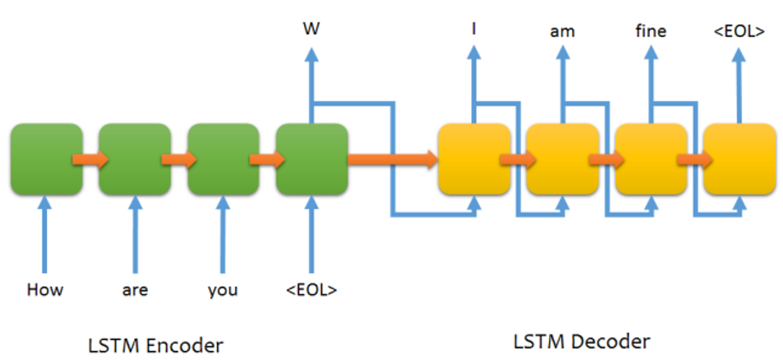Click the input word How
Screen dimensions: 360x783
tap(46, 291)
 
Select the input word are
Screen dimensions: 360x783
tap(134, 291)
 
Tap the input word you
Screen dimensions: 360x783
tap(223, 291)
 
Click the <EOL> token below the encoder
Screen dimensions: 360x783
tap(312, 291)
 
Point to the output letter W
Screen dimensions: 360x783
tap(311, 30)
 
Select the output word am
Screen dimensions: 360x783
tap(563, 32)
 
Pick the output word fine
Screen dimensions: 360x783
tap(651, 32)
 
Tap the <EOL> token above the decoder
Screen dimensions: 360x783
tap(740, 32)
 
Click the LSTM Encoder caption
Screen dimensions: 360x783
tap(156, 345)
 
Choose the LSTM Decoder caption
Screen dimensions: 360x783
tap(582, 341)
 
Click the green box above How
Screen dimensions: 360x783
tap(46, 159)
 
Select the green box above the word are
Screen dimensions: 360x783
tap(135, 159)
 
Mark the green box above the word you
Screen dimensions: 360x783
tap(223, 159)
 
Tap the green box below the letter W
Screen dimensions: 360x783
tap(312, 159)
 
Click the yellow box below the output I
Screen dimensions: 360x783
tap(474, 159)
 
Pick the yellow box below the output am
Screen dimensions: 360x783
tap(563, 159)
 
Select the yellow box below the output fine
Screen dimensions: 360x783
tap(651, 159)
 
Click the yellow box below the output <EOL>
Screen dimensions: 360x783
tap(740, 159)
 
